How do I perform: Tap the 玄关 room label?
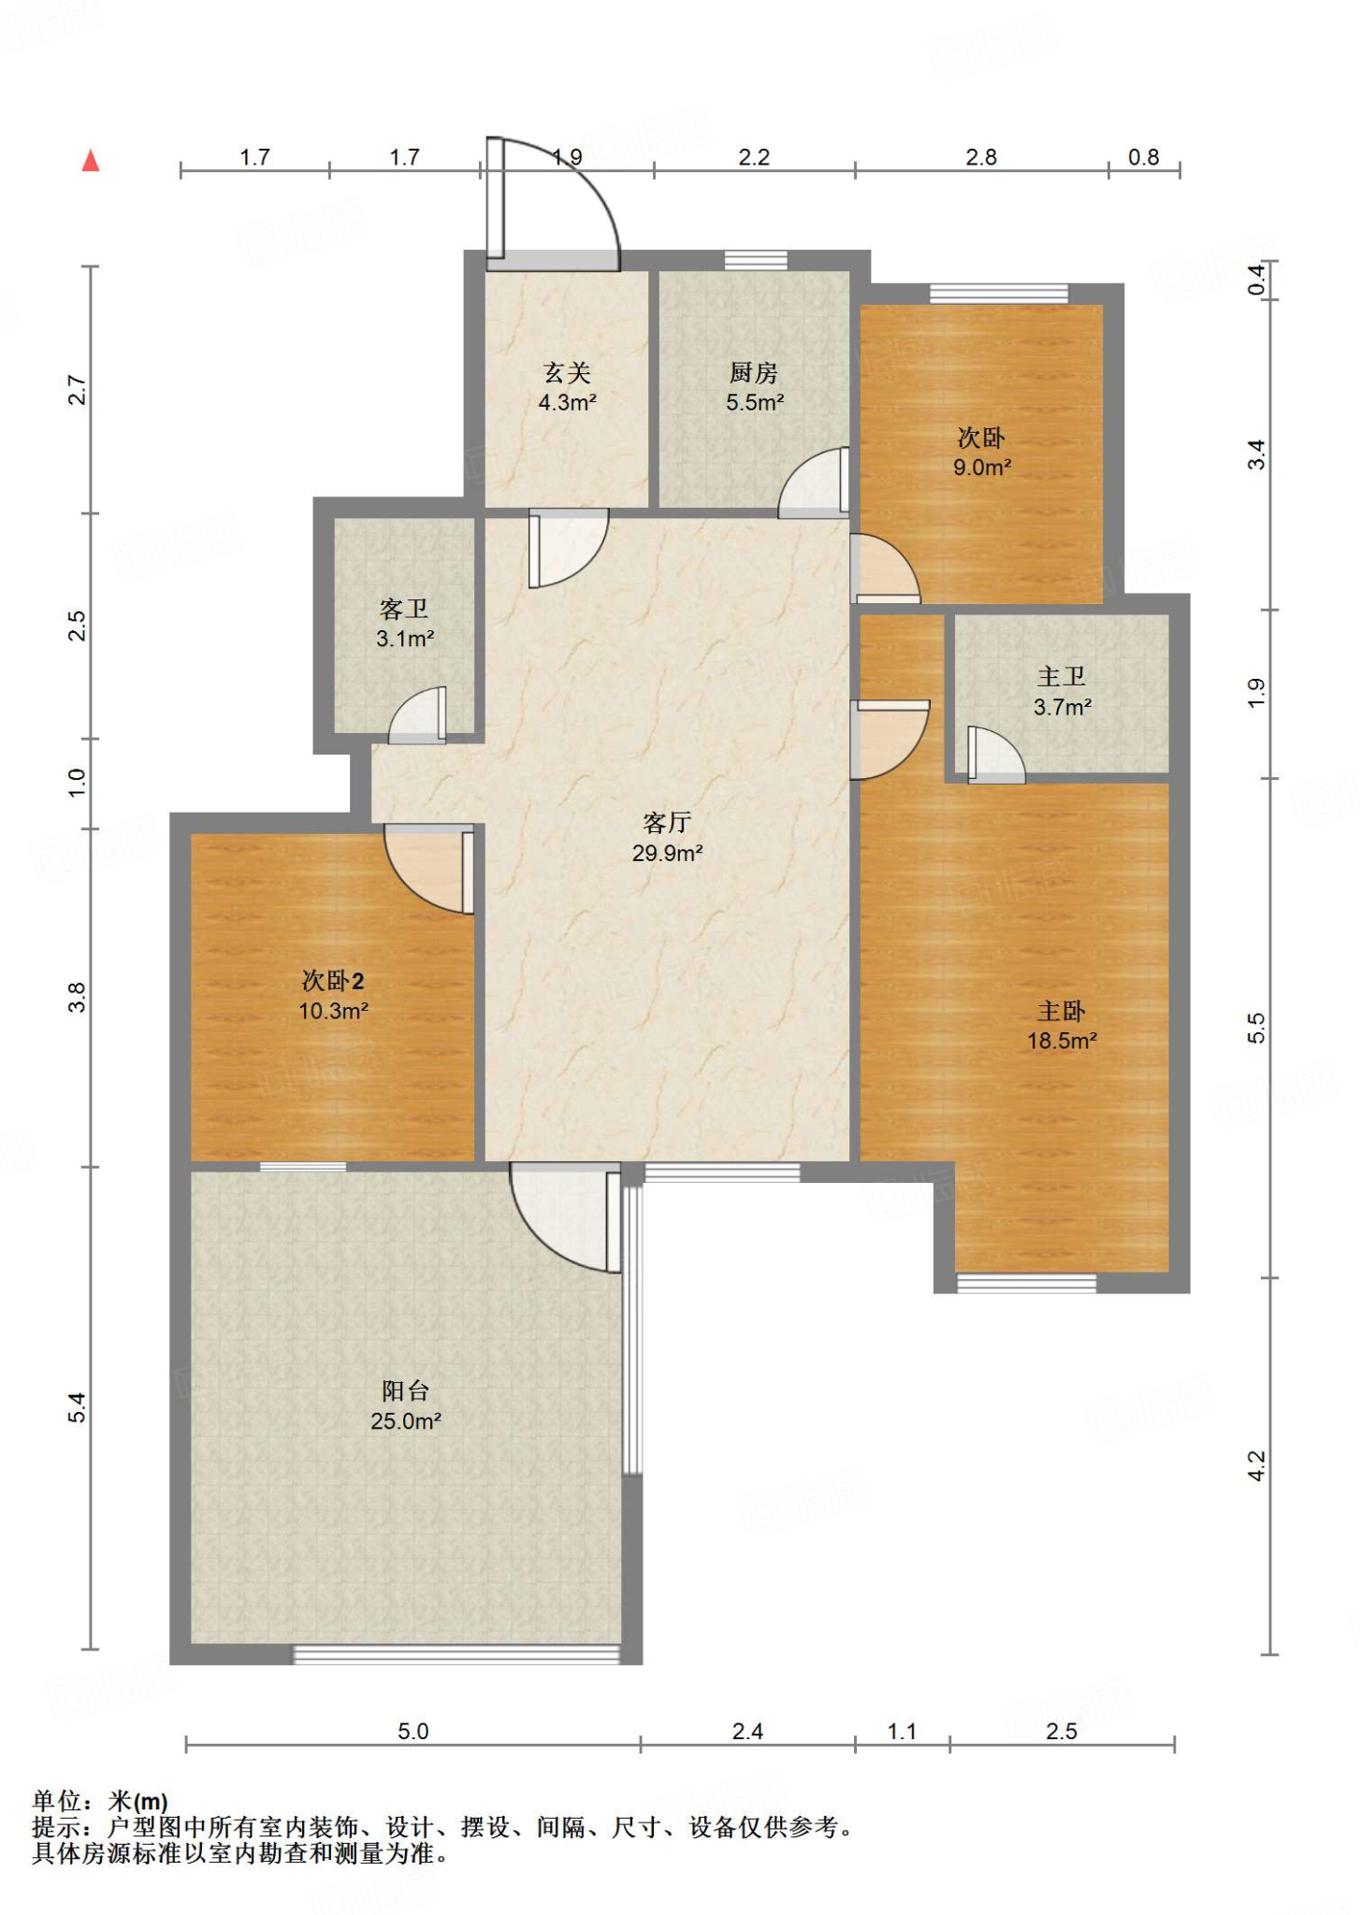[568, 373]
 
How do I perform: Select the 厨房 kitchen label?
[754, 373]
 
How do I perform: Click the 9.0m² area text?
[982, 468]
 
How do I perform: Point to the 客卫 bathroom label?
[404, 610]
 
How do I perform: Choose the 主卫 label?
[1062, 677]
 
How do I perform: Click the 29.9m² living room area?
[668, 853]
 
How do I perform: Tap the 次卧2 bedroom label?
[333, 980]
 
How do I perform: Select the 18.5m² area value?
[1063, 1041]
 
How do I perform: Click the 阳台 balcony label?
[406, 1390]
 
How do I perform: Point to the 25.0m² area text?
[406, 1421]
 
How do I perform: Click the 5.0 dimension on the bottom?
[412, 1731]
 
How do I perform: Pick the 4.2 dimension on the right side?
[1256, 1465]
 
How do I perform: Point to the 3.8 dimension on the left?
[77, 997]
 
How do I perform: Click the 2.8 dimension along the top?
[981, 157]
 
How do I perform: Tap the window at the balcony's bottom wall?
[456, 1654]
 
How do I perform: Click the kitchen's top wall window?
[756, 260]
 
